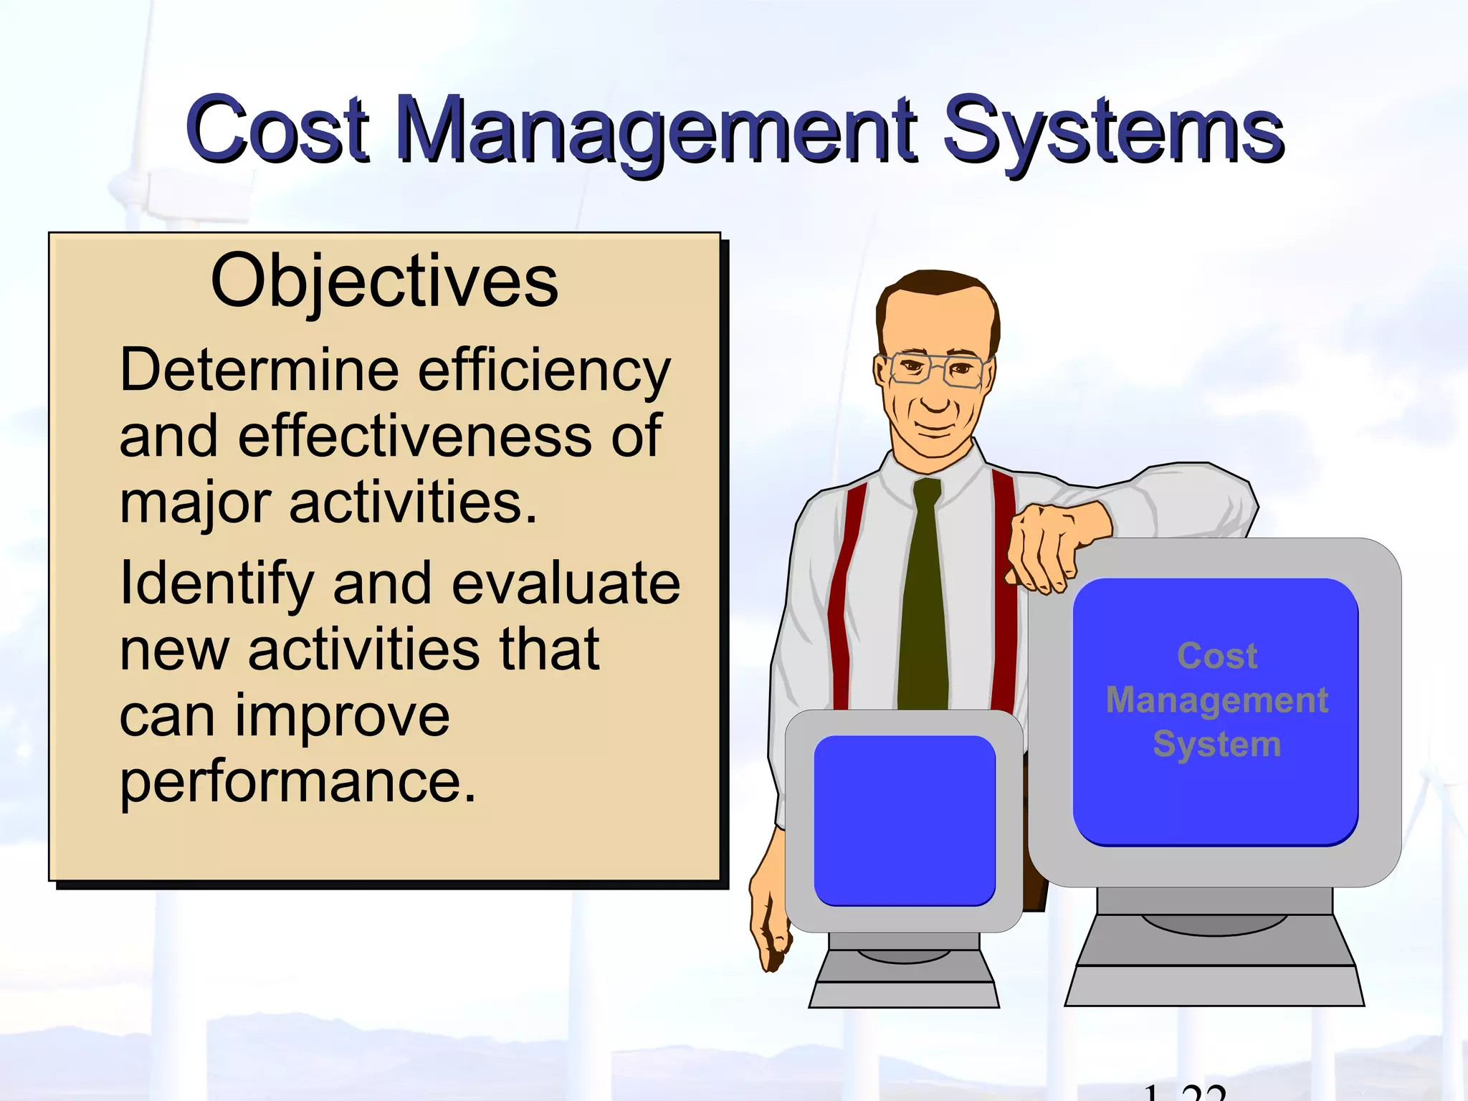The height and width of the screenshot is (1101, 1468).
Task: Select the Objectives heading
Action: click(x=384, y=281)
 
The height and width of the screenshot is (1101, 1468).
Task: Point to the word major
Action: click(x=195, y=504)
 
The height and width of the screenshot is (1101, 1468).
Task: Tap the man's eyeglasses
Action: click(x=932, y=369)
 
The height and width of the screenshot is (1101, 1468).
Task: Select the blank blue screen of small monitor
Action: click(x=904, y=821)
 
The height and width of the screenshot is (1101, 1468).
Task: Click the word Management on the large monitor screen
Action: click(x=1216, y=700)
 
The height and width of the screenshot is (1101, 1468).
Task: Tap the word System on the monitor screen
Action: click(x=1216, y=744)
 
